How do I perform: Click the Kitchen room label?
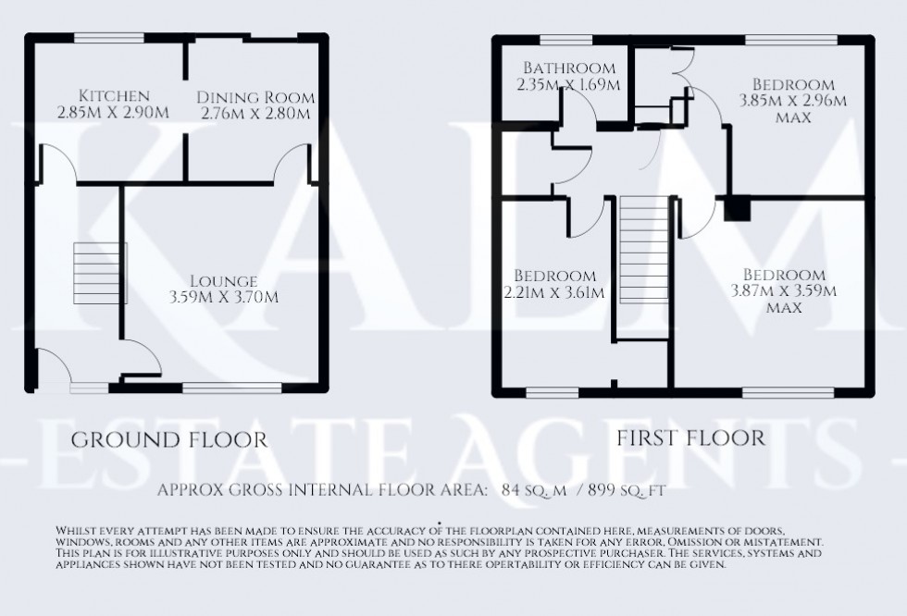pos(114,96)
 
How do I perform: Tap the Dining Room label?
pos(255,97)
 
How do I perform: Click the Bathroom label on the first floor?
pos(569,68)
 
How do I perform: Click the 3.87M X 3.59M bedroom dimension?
pos(783,291)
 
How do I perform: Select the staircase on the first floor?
pos(642,256)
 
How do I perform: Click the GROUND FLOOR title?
pos(168,438)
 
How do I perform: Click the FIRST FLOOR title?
pos(691,437)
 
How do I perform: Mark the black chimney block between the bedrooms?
pos(738,209)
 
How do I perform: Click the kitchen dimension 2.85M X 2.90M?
pos(114,113)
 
